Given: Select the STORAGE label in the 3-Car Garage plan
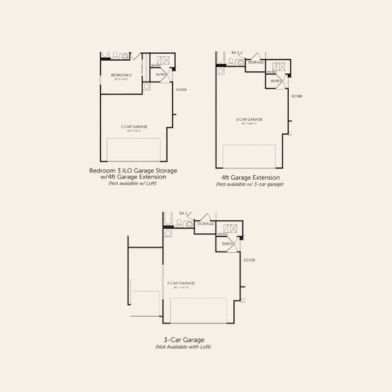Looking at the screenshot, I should (206, 224).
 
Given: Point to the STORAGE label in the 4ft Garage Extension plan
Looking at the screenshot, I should (255, 63).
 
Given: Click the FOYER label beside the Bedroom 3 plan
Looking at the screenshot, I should (181, 89).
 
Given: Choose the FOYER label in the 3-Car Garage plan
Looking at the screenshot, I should (250, 260).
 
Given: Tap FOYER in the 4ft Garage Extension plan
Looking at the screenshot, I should (297, 96).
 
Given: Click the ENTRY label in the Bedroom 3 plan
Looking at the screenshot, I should (160, 75).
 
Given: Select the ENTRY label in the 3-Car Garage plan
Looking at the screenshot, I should (227, 244).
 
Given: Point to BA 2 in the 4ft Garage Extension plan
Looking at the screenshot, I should (236, 52).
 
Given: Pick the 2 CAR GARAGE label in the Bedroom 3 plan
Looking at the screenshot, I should (133, 126).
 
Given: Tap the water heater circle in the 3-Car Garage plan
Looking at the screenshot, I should (168, 232).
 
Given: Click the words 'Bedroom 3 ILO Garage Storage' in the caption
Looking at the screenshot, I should (133, 171).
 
